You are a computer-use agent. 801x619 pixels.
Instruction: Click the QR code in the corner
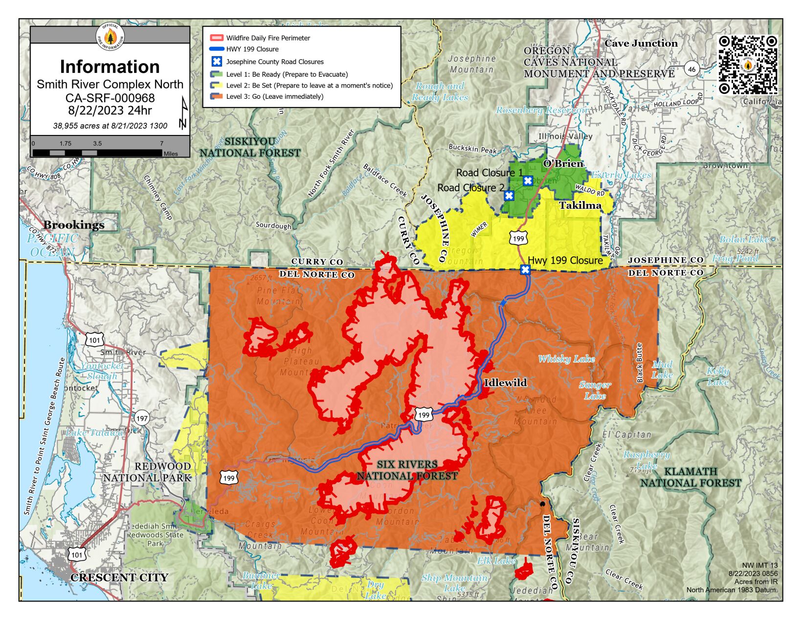click(747, 65)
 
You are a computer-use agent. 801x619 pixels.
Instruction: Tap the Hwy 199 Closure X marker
click(525, 270)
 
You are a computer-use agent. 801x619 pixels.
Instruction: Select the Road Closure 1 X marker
click(528, 181)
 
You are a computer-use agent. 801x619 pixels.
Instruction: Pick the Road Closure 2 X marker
click(509, 196)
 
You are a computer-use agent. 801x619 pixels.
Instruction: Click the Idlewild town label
click(505, 383)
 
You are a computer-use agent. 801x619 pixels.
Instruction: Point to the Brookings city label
click(74, 225)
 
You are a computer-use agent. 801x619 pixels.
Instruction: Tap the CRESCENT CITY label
click(119, 577)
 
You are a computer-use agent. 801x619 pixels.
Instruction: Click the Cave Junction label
click(641, 43)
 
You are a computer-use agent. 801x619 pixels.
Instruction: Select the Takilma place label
click(580, 205)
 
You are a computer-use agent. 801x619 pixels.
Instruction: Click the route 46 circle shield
click(691, 69)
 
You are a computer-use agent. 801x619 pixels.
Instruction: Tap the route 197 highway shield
click(142, 418)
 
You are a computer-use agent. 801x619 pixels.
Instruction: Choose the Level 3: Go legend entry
click(274, 96)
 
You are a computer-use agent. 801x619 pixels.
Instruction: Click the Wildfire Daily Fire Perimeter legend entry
click(267, 38)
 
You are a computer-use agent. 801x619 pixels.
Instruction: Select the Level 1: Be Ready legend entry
click(287, 74)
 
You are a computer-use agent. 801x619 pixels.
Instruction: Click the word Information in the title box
click(110, 66)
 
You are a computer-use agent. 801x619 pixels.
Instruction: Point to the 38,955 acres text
click(110, 126)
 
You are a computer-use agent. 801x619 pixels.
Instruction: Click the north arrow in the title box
click(183, 113)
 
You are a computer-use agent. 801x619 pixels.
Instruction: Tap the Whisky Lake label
click(566, 359)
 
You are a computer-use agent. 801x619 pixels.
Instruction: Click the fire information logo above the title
click(110, 36)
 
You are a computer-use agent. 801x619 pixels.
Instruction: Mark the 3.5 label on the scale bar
click(97, 143)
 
